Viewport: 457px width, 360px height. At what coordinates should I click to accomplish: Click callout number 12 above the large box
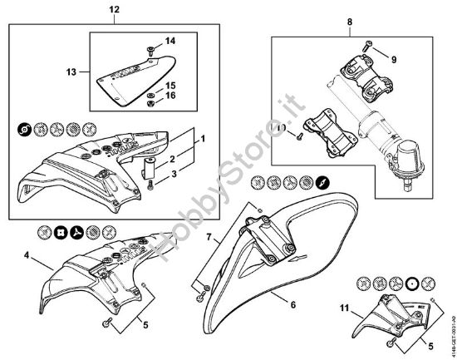point(115,9)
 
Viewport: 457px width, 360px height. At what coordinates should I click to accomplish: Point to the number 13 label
point(70,72)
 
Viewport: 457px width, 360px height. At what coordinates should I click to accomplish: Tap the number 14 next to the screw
point(170,41)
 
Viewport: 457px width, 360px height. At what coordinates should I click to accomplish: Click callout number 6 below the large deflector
point(292,305)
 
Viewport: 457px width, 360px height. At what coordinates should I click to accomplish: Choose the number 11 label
point(345,309)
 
